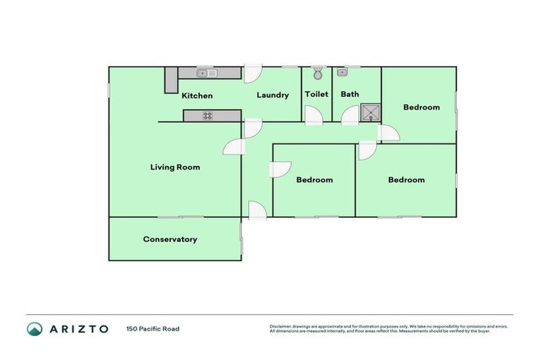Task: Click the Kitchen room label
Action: pyautogui.click(x=197, y=96)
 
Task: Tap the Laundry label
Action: pyautogui.click(x=273, y=95)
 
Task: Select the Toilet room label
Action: pyautogui.click(x=316, y=94)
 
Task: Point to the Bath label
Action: pyautogui.click(x=349, y=94)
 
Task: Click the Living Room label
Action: pyautogui.click(x=175, y=167)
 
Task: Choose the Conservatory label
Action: pyautogui.click(x=170, y=239)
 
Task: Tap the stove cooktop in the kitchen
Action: pyautogui.click(x=208, y=116)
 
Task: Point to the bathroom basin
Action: pyautogui.click(x=342, y=72)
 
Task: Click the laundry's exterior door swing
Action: pyautogui.click(x=253, y=73)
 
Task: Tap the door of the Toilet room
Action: pyautogui.click(x=314, y=117)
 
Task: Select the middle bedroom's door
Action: pyautogui.click(x=281, y=171)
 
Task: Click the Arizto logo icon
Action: pyautogui.click(x=34, y=328)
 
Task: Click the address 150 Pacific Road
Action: pyautogui.click(x=153, y=328)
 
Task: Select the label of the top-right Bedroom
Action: pyautogui.click(x=421, y=108)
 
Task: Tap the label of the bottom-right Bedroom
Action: pyautogui.click(x=406, y=180)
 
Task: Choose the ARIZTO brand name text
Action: pyautogui.click(x=79, y=328)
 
